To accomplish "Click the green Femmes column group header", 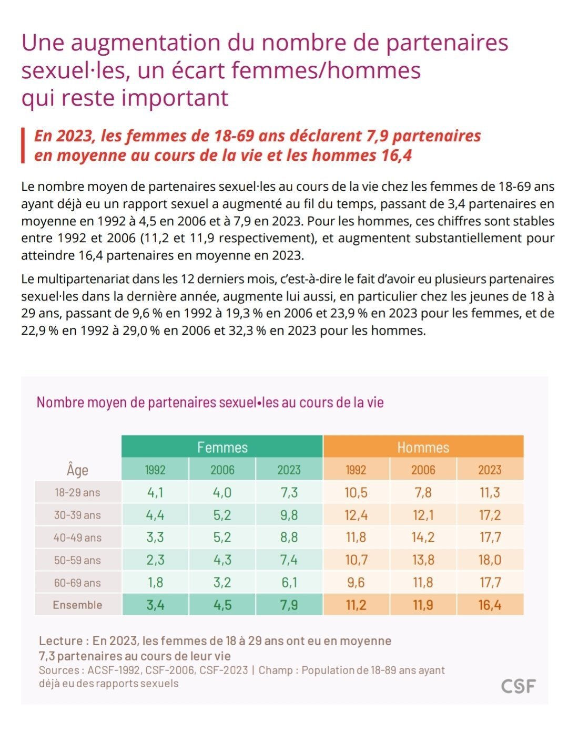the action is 222,446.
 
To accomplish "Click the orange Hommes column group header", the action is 423,446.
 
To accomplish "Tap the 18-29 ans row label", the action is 77,492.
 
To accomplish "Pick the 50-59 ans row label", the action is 77,560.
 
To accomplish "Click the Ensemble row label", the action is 77,605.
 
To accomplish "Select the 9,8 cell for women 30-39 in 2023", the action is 289,515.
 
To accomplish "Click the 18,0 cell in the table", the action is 490,560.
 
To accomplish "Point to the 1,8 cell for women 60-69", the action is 155,582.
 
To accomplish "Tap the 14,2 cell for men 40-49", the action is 423,537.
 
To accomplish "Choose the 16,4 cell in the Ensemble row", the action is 490,605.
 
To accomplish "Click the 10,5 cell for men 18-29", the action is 356,492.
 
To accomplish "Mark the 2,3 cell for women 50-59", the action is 155,560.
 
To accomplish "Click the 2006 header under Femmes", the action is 222,469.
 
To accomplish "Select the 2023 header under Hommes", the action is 490,469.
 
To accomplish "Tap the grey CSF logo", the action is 518,686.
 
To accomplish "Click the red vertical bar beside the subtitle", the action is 23,145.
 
